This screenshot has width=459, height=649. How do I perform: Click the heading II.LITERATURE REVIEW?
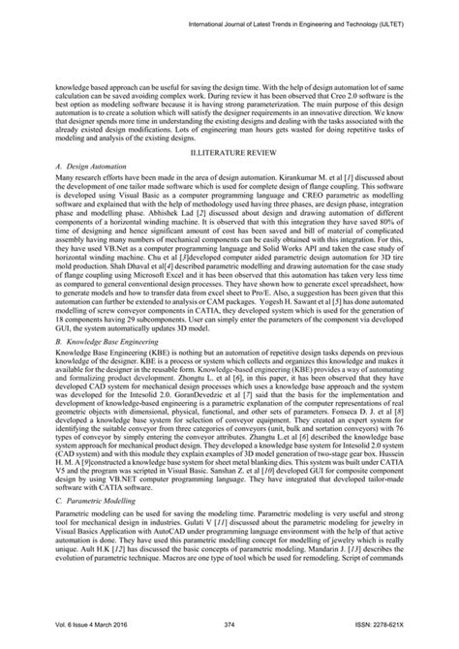click(229, 154)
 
